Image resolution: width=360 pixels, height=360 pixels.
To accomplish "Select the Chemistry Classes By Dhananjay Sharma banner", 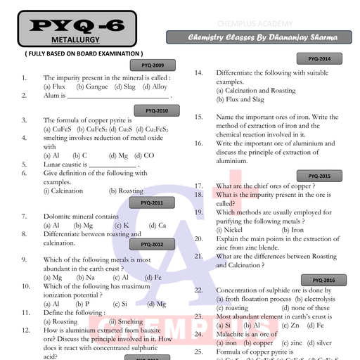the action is tap(262, 37).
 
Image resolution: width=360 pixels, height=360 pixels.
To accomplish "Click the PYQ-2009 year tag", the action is tap(153, 65).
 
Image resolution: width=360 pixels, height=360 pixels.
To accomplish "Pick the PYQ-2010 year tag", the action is tap(157, 110).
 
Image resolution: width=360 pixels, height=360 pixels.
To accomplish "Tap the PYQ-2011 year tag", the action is tap(153, 202).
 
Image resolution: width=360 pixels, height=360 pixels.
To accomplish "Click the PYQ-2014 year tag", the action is tap(319, 58).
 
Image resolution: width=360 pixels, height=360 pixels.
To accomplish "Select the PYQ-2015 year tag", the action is tap(319, 176).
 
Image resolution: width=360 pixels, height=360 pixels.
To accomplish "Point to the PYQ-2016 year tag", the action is tap(323, 280).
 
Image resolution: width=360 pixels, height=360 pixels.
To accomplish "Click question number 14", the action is tap(199, 73).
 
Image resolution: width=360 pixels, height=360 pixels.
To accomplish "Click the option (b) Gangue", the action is tap(92, 86).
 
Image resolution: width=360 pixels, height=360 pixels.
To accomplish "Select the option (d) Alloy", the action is tap(155, 86).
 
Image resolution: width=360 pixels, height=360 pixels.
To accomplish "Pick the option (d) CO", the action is tap(146, 155).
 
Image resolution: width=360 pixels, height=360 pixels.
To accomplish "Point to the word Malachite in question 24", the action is tap(231, 334).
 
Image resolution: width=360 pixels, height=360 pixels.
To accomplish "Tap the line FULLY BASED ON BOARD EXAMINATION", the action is tap(84, 53).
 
